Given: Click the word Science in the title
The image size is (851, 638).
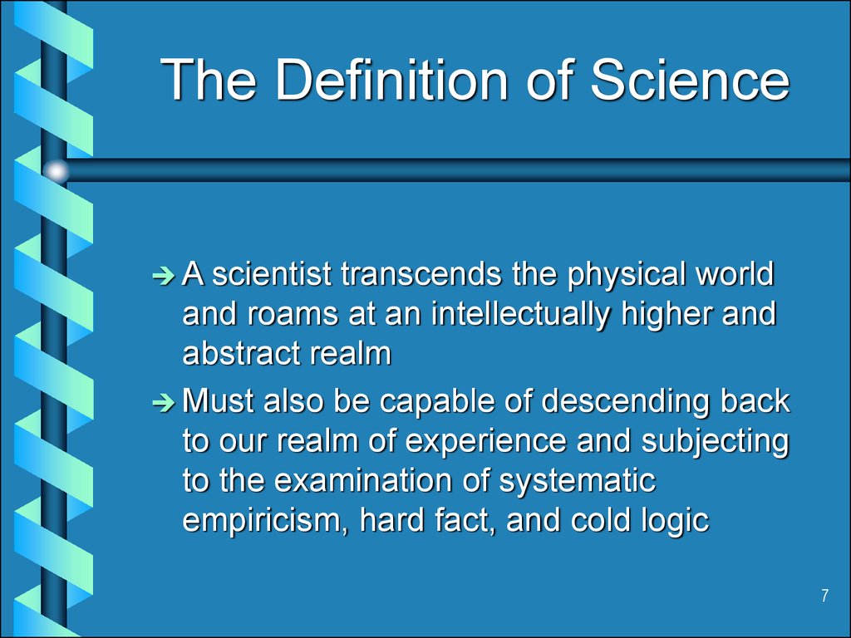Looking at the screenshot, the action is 689,80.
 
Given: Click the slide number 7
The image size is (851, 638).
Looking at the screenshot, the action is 825,596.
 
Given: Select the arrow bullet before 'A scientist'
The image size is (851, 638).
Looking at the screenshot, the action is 164,276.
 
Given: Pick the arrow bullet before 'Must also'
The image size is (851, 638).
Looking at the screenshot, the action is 164,403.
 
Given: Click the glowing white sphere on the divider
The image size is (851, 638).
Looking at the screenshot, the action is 56,171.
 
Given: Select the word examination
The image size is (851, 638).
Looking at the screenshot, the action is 364,481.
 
